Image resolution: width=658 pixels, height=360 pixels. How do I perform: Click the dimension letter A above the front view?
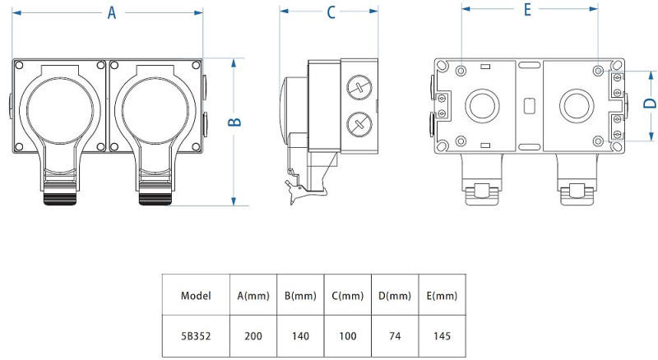111,12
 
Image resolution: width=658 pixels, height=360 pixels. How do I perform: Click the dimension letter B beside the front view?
234,120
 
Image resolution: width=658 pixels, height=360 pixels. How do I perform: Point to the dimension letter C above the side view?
331,12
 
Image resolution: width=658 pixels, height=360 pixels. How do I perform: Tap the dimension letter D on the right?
649,104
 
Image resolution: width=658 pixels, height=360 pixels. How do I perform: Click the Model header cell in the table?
196,296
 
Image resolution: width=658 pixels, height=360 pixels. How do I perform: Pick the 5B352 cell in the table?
196,335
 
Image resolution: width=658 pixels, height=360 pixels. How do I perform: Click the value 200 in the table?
254,335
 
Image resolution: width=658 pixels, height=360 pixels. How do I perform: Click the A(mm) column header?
254,296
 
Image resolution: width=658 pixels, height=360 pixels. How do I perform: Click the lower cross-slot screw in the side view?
356,123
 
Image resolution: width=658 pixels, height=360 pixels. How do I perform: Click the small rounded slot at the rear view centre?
529,105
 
